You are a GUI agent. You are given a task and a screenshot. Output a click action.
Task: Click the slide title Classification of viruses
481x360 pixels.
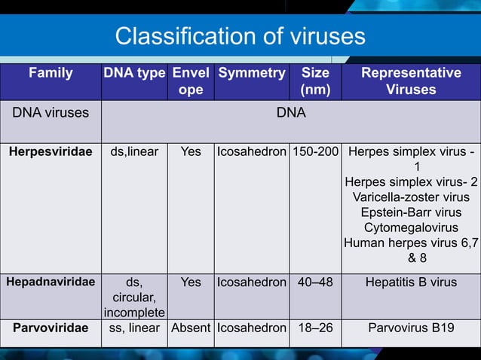click(240, 36)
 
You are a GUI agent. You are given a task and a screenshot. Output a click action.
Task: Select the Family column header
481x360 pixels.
click(51, 74)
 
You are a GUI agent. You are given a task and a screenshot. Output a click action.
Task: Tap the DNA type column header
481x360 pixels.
click(134, 74)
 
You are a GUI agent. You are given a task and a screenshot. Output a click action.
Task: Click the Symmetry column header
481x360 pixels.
click(251, 74)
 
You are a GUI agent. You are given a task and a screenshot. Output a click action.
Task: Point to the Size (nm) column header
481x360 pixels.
click(314, 81)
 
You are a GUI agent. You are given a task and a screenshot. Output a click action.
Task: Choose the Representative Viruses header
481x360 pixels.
click(411, 81)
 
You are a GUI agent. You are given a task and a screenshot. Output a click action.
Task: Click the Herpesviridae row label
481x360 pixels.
click(51, 151)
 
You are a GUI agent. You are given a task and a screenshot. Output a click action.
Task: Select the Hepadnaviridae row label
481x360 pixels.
click(51, 282)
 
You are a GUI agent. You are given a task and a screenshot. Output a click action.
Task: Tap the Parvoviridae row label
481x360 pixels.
click(51, 328)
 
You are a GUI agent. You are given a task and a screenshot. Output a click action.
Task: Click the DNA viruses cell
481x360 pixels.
click(50, 113)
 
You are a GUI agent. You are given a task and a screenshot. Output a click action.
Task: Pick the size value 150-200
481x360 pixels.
click(314, 151)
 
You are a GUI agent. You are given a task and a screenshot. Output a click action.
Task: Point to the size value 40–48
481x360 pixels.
click(314, 282)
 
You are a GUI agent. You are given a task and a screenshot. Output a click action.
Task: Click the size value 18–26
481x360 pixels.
click(314, 328)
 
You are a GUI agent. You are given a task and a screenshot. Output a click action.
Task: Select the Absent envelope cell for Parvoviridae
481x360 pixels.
click(191, 328)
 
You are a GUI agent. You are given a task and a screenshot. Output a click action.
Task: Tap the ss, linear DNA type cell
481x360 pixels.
click(134, 328)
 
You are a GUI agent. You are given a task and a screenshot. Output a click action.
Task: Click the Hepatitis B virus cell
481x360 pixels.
click(411, 282)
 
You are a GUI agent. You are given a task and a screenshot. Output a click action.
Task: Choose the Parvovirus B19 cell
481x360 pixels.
click(411, 328)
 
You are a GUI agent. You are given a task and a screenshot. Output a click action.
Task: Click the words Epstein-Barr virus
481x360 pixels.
click(411, 212)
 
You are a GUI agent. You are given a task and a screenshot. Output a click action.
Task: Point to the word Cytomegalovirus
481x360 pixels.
click(411, 227)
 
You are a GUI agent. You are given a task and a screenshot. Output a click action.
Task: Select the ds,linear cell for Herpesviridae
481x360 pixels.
click(134, 151)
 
